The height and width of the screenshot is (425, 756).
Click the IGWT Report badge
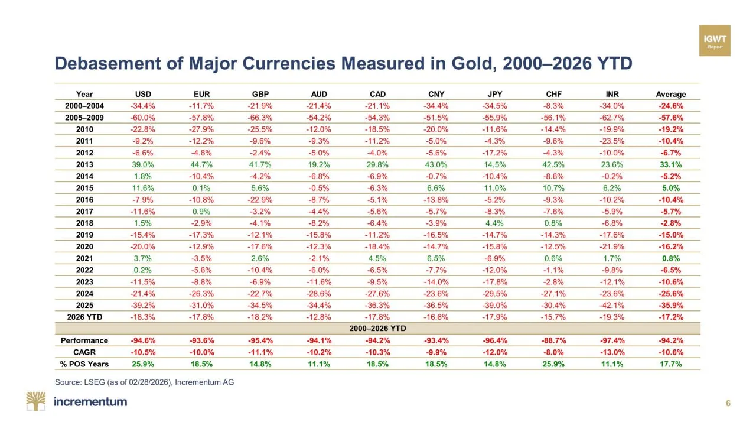pyautogui.click(x=715, y=41)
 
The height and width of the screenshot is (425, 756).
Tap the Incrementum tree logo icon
pyautogui.click(x=35, y=401)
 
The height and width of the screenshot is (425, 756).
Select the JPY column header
pyautogui.click(x=494, y=94)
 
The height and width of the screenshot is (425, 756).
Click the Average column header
pyautogui.click(x=670, y=94)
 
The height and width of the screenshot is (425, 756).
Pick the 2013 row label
pyautogui.click(x=84, y=164)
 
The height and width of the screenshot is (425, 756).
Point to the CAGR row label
pyautogui.click(x=84, y=352)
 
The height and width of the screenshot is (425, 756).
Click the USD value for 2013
pyautogui.click(x=143, y=164)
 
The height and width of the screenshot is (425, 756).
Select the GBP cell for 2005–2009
pyautogui.click(x=260, y=118)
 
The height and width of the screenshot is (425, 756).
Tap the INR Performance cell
pyautogui.click(x=611, y=340)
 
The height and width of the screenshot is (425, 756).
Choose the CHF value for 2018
pyautogui.click(x=553, y=223)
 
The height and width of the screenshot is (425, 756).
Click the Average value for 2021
pyautogui.click(x=670, y=258)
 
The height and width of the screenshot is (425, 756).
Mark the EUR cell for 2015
pyautogui.click(x=201, y=188)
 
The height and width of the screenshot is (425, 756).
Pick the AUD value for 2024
pyautogui.click(x=319, y=293)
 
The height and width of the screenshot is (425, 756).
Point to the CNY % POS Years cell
pyautogui.click(x=436, y=364)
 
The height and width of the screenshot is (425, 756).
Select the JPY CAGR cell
pyautogui.click(x=494, y=352)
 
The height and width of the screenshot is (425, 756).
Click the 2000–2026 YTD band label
pyautogui.click(x=377, y=328)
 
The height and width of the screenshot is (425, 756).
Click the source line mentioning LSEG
pyautogui.click(x=144, y=382)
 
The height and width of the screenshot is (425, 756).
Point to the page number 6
pyautogui.click(x=728, y=404)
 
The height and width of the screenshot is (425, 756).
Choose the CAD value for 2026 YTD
pyautogui.click(x=377, y=317)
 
